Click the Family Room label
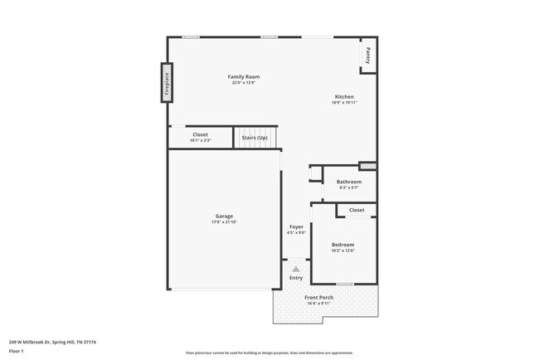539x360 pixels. pyautogui.click(x=244, y=77)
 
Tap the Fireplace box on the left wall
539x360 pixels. pyautogui.click(x=166, y=82)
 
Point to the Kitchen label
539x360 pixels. pyautogui.click(x=343, y=97)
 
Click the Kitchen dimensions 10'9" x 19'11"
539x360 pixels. pyautogui.click(x=343, y=103)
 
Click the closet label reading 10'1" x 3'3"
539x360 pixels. pyautogui.click(x=201, y=140)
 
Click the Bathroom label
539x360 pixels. pyautogui.click(x=348, y=182)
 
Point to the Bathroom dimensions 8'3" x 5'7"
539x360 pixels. pyautogui.click(x=348, y=187)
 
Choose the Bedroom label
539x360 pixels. pyautogui.click(x=342, y=245)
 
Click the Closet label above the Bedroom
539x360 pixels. pyautogui.click(x=357, y=211)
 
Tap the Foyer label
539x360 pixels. pyautogui.click(x=296, y=226)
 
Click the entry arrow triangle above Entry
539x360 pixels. pyautogui.click(x=296, y=269)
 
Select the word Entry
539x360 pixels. pyautogui.click(x=296, y=278)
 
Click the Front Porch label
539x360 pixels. pyautogui.click(x=318, y=297)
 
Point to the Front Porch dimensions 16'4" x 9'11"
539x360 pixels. pyautogui.click(x=318, y=303)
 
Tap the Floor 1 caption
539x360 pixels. pyautogui.click(x=17, y=351)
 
